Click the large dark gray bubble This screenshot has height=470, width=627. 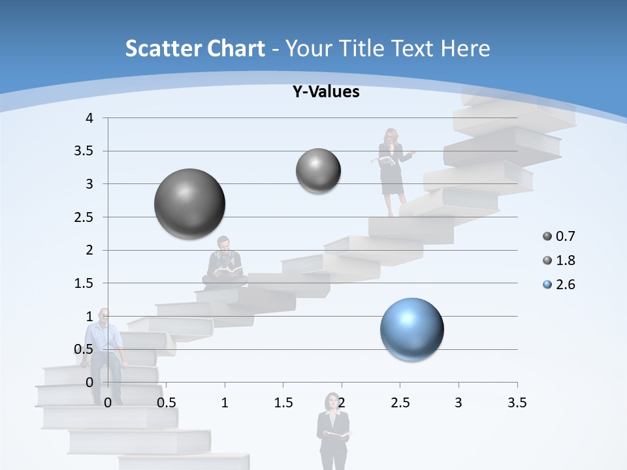190,204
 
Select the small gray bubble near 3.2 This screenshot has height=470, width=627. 318,171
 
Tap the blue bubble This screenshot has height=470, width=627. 412,329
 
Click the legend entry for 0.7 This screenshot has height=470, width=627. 559,236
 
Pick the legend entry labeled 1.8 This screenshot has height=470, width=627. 559,260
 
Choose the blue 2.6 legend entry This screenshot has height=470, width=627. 559,285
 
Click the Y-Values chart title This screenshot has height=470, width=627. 326,92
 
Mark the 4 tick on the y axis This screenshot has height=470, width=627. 90,118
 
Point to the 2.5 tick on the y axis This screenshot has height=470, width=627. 85,217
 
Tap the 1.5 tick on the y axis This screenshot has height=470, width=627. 85,283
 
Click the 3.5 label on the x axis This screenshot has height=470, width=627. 517,403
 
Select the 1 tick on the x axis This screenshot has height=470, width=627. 225,403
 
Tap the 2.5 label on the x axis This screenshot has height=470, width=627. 400,403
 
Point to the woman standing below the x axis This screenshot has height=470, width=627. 333,431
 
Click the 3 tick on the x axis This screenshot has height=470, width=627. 458,403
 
